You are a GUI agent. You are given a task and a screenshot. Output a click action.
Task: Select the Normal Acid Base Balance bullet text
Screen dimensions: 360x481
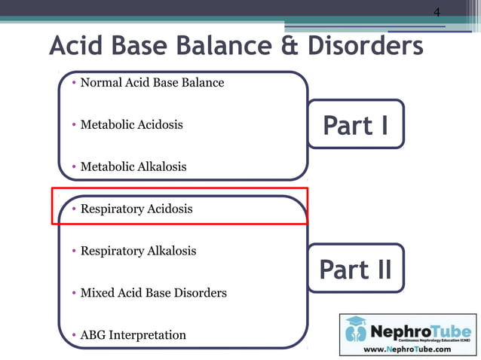click(x=152, y=82)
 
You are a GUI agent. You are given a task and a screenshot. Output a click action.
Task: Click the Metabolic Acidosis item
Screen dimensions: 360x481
click(x=131, y=124)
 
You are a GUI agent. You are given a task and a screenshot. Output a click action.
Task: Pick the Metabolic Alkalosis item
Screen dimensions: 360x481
click(x=133, y=166)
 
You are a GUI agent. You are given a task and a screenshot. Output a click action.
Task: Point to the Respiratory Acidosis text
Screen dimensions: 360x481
click(x=136, y=209)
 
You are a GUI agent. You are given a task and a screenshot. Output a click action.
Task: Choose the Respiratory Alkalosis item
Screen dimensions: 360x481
click(x=138, y=251)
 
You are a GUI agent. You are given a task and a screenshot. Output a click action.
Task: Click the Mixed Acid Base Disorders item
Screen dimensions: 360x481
click(x=153, y=292)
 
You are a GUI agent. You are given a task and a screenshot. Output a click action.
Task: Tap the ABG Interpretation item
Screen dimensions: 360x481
click(x=133, y=334)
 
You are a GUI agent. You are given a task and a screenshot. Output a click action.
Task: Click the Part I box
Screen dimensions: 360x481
click(x=356, y=125)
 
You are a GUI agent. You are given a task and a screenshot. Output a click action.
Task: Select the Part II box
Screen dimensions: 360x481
click(x=356, y=270)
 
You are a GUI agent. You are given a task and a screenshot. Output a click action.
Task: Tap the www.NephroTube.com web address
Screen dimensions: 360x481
click(x=408, y=349)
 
